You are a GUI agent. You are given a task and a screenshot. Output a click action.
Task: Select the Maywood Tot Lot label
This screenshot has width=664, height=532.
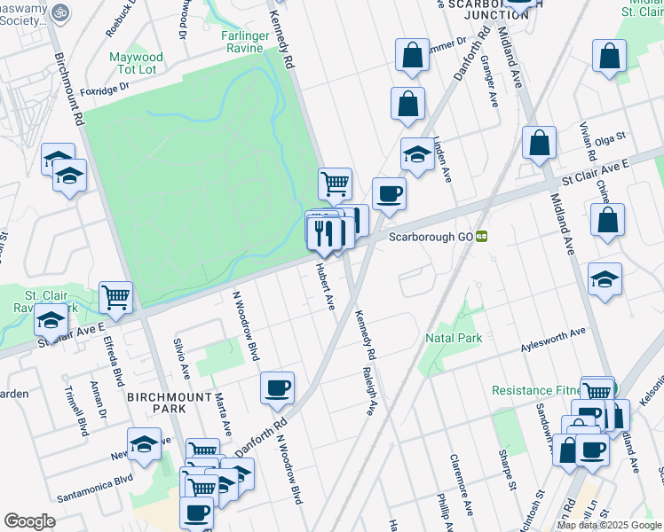(x=133, y=63)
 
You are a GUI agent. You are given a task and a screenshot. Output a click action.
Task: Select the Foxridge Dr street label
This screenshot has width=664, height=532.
(x=105, y=87)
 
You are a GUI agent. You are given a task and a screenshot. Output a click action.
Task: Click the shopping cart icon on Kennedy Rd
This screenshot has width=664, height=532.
(x=335, y=184)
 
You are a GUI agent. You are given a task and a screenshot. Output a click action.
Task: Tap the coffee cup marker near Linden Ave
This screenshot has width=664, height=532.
(x=388, y=193)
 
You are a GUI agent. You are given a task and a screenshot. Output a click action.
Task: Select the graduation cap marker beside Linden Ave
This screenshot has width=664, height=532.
(x=416, y=154)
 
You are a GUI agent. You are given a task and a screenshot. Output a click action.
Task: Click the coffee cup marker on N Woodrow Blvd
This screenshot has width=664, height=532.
(x=278, y=387)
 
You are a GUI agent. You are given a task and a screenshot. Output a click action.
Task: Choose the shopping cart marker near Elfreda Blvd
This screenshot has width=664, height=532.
(x=115, y=298)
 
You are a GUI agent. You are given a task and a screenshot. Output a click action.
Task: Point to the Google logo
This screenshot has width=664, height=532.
(x=29, y=521)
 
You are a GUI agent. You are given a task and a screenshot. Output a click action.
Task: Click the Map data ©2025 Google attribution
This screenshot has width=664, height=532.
(x=608, y=524)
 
